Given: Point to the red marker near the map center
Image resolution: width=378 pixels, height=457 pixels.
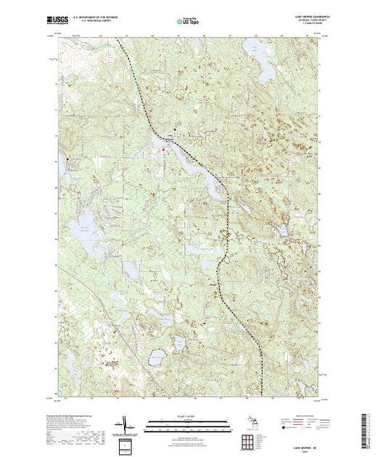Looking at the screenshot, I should [x=164, y=149].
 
